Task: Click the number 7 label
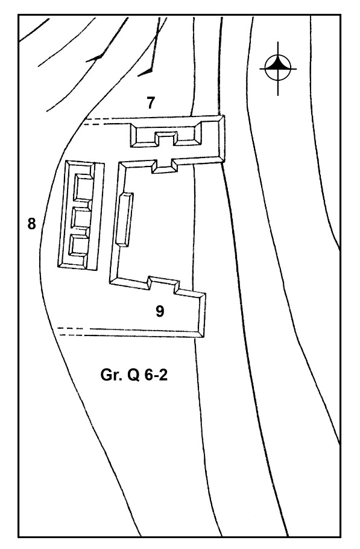click(x=150, y=103)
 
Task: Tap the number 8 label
click(x=32, y=224)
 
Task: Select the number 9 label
click(x=160, y=311)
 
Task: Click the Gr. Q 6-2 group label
click(x=134, y=375)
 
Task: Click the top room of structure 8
click(x=84, y=187)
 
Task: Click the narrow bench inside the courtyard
click(x=124, y=220)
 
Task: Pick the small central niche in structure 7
click(x=166, y=139)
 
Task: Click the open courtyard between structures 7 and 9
click(x=156, y=224)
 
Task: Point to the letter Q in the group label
click(x=133, y=375)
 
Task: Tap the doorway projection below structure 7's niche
click(x=165, y=167)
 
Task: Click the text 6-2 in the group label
click(x=156, y=375)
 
